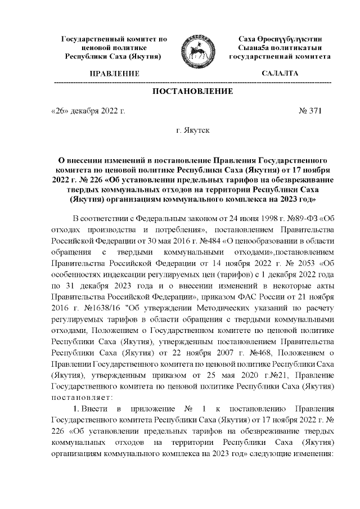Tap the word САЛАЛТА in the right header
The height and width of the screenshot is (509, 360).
[x=280, y=74]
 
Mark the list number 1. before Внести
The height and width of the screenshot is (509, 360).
[x=76, y=408]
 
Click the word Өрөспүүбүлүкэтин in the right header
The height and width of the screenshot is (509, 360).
[x=280, y=39]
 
